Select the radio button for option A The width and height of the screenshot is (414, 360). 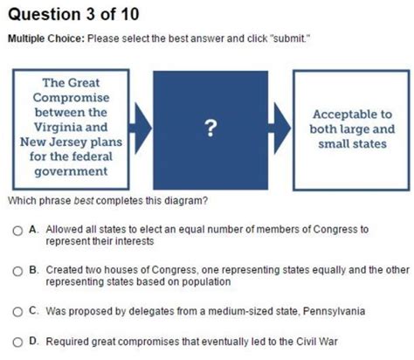(17, 231)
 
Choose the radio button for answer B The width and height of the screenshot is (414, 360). (17, 271)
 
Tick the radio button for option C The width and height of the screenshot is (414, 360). (17, 312)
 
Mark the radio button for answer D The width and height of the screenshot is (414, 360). (17, 342)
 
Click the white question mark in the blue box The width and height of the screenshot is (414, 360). (210, 128)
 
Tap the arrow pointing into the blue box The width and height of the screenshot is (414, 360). (140, 128)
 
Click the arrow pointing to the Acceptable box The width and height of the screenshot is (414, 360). (279, 128)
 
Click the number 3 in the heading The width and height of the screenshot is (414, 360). (90, 14)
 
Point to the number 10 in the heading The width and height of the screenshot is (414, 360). (130, 14)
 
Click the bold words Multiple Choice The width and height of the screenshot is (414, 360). (46, 38)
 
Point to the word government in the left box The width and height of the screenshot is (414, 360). (71, 171)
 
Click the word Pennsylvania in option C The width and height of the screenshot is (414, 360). (334, 311)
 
